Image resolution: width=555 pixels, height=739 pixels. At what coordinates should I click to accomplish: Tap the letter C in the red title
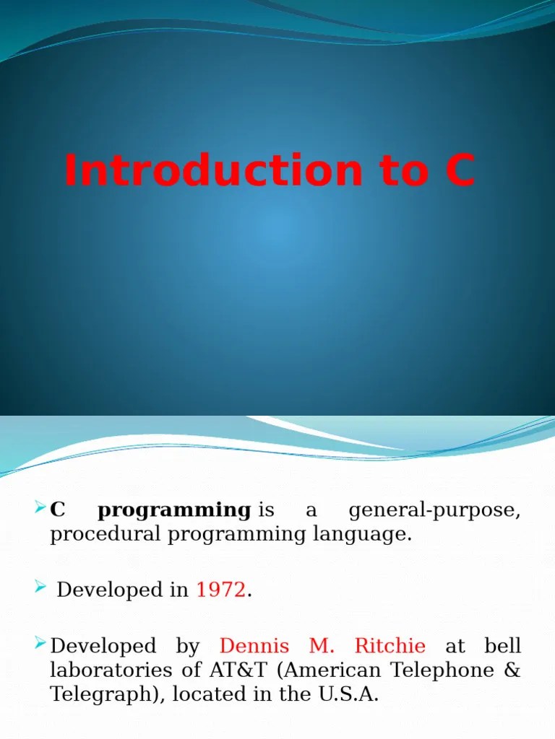pos(460,171)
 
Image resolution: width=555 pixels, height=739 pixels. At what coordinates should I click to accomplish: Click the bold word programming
pos(173,510)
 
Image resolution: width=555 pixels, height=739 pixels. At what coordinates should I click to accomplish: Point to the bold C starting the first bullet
pos(58,510)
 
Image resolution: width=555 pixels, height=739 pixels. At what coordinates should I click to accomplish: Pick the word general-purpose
pos(434,511)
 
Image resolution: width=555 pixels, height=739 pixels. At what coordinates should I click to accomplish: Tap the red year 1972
pos(221,590)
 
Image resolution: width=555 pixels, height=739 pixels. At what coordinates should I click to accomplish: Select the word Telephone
pos(439,670)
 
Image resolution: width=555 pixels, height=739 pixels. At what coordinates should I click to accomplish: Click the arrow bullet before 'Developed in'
pos(40,589)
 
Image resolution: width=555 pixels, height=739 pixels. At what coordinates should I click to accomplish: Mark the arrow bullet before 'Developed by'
pos(40,644)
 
